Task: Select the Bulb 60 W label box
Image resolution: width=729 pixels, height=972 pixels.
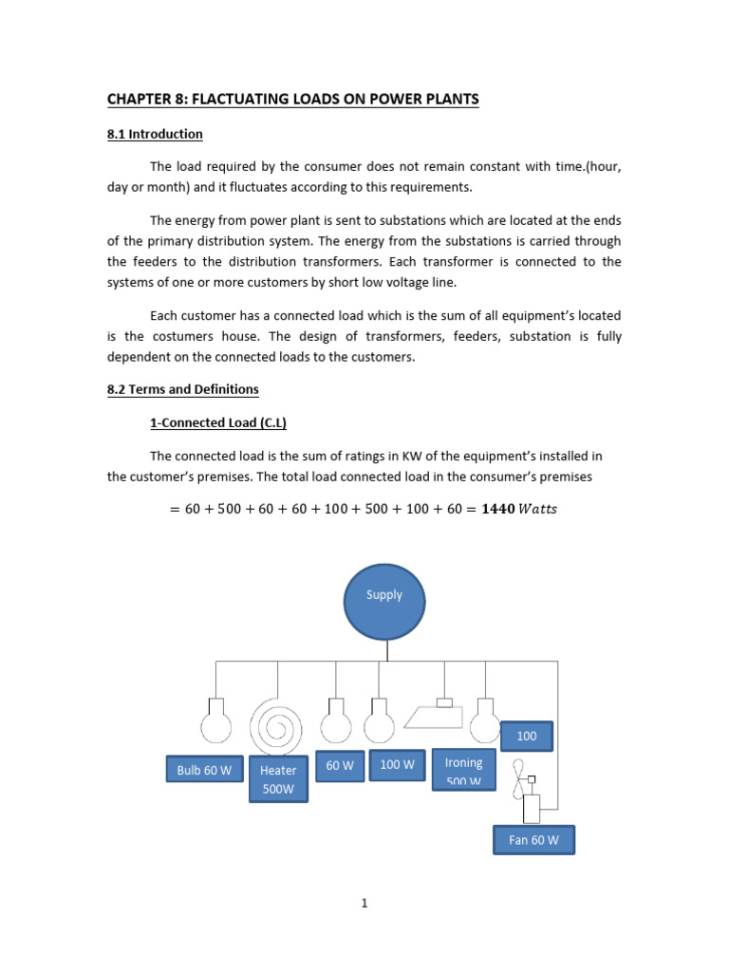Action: (x=204, y=770)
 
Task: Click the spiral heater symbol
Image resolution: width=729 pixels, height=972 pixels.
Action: (x=278, y=727)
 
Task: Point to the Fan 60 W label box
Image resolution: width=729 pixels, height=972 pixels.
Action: (x=533, y=840)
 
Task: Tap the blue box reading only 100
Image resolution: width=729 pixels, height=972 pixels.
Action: (x=526, y=736)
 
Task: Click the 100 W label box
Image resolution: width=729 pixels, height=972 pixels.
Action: (x=396, y=764)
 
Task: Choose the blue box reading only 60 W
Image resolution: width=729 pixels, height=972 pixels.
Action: (x=339, y=764)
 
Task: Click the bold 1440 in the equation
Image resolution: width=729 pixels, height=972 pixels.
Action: (x=499, y=510)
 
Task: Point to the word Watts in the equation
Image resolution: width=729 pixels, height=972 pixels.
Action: (x=538, y=510)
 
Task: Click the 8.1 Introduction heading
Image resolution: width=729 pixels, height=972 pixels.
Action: (x=155, y=134)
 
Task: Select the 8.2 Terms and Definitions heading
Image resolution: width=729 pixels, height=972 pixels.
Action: (x=182, y=389)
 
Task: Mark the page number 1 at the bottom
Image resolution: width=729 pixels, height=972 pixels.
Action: (x=364, y=903)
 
